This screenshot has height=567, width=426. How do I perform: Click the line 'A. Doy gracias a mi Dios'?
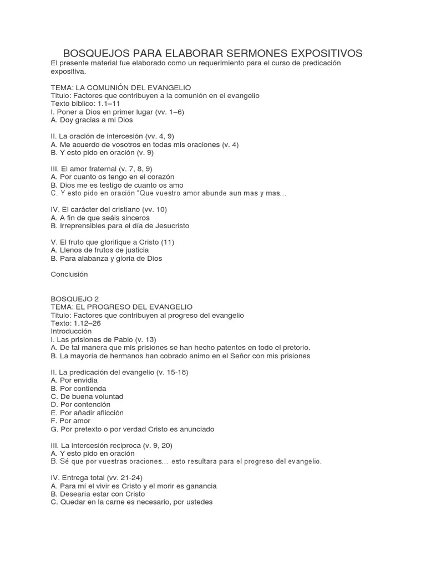(92, 120)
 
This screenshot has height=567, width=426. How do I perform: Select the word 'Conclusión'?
(69, 274)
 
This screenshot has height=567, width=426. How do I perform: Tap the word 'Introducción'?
(71, 331)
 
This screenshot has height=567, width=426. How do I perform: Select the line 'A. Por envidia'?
(74, 380)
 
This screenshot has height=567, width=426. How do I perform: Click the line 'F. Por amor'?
(70, 421)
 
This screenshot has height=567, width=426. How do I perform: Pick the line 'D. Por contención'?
(80, 405)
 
